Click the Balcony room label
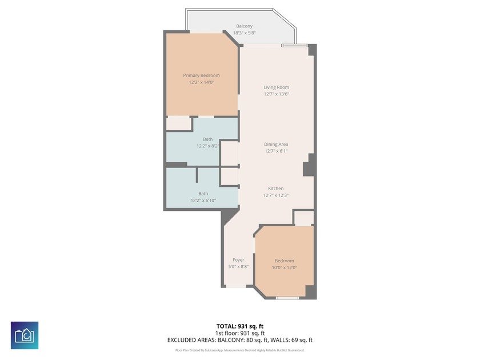pos(244,26)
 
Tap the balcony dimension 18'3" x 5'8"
pos(244,33)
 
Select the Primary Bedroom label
pos(201,75)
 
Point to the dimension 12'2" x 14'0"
pos(201,82)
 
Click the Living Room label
pos(276,87)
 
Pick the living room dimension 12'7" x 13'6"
pos(276,94)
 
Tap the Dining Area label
pos(276,145)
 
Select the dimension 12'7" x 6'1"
pos(276,151)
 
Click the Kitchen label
pos(276,189)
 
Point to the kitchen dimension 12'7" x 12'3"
pos(276,195)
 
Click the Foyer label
pos(238,260)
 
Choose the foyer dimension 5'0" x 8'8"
pos(238,267)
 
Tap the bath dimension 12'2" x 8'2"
pos(208,146)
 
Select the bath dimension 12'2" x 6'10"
pos(203,201)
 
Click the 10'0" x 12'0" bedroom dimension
pos(284,267)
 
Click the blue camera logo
pos(25,335)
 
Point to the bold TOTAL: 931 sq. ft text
pos(240,326)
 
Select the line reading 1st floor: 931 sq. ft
pos(240,333)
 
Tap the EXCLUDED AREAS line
pos(240,341)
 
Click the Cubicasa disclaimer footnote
pos(240,350)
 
